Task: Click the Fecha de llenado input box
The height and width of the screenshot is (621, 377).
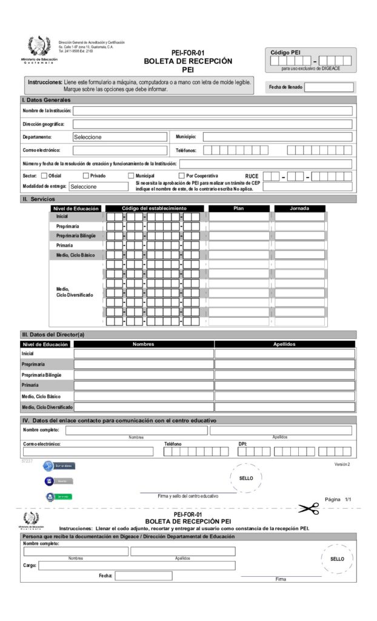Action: pyautogui.click(x=329, y=87)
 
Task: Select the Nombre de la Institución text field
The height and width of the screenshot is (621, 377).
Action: pyautogui.click(x=212, y=111)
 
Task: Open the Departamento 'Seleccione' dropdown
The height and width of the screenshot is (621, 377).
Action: pyautogui.click(x=119, y=137)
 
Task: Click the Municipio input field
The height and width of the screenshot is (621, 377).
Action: pyautogui.click(x=277, y=137)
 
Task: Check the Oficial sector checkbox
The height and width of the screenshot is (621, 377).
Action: pyautogui.click(x=44, y=176)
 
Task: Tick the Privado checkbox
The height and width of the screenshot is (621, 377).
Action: pyautogui.click(x=85, y=176)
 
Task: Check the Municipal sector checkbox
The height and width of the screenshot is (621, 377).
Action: pyautogui.click(x=130, y=176)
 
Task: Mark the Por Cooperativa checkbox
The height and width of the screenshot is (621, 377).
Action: pyautogui.click(x=181, y=176)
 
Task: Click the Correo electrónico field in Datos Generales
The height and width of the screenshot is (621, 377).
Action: pyautogui.click(x=119, y=150)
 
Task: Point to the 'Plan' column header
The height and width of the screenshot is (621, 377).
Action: pyautogui.click(x=239, y=209)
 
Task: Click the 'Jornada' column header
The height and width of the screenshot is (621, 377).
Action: pyautogui.click(x=299, y=209)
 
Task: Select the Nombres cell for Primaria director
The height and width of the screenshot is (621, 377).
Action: pyautogui.click(x=144, y=385)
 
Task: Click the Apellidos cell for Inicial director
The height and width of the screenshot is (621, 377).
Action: pyautogui.click(x=284, y=354)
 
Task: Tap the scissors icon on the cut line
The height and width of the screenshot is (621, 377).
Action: pyautogui.click(x=308, y=508)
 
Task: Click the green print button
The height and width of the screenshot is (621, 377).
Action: pyautogui.click(x=58, y=497)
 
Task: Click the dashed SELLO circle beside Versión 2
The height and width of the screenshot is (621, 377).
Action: pyautogui.click(x=245, y=478)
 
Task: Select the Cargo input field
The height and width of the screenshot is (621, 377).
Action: pyautogui.click(x=137, y=566)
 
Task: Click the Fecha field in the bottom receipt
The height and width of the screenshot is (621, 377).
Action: pyautogui.click(x=143, y=576)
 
